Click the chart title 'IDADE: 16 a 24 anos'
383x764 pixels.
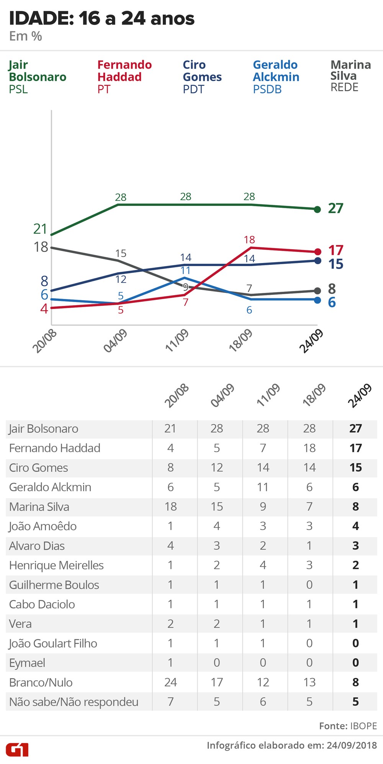click(101, 18)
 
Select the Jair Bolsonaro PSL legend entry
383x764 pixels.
click(37, 77)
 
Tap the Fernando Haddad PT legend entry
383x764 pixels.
click(124, 77)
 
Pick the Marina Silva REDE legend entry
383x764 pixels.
click(350, 76)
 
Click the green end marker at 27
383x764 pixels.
click(317, 209)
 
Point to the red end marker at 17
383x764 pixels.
click(317, 252)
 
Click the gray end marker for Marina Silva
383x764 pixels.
click(317, 291)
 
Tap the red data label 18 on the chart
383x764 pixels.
click(249, 240)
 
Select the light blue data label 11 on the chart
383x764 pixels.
click(185, 271)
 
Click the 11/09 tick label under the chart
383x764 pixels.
click(177, 340)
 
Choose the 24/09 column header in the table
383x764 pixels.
click(359, 395)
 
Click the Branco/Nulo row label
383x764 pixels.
click(41, 682)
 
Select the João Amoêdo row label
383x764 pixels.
click(43, 526)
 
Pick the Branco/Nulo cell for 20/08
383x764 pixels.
click(170, 682)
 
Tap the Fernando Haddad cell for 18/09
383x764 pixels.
click(309, 448)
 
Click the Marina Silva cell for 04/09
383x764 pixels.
click(216, 506)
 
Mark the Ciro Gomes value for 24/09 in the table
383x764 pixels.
click(355, 467)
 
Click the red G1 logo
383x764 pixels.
click(17, 749)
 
